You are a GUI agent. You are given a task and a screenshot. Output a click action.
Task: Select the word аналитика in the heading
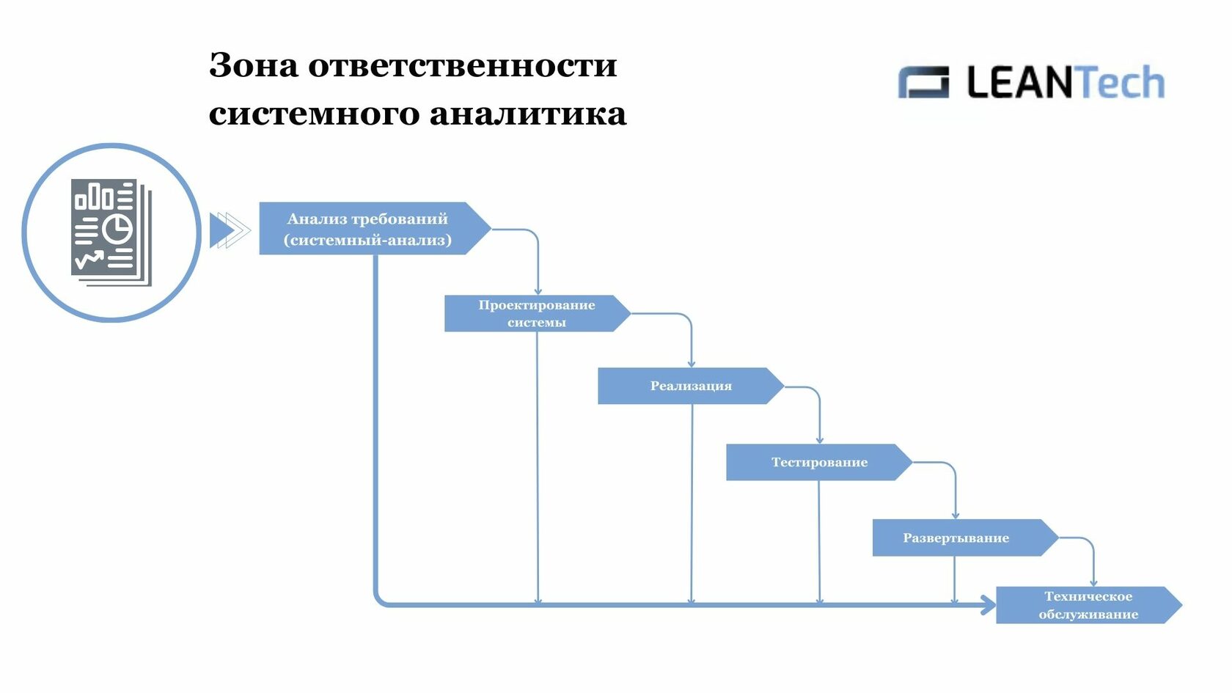click(x=528, y=114)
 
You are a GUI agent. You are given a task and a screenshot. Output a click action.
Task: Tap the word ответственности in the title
click(x=463, y=65)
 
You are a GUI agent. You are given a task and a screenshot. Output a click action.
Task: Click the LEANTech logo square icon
click(x=923, y=82)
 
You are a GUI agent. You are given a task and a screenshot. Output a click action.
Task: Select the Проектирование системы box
click(x=538, y=314)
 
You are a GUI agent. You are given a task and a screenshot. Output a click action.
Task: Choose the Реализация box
click(x=691, y=386)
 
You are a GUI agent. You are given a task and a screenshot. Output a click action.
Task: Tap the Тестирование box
click(x=819, y=462)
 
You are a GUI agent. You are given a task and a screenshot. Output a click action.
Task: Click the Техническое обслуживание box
click(x=1089, y=605)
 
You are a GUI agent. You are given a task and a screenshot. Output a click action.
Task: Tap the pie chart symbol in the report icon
click(x=117, y=228)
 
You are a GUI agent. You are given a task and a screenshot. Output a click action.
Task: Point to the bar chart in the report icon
click(x=94, y=197)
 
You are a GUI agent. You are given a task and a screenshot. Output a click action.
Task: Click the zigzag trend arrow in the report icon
click(x=89, y=259)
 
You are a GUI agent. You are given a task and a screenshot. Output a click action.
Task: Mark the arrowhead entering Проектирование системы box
click(x=538, y=292)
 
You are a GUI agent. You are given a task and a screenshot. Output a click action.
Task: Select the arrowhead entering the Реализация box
click(x=692, y=364)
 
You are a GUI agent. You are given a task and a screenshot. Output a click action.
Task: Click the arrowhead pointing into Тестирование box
click(x=820, y=440)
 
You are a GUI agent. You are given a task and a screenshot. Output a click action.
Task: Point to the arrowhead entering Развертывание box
click(x=956, y=516)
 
